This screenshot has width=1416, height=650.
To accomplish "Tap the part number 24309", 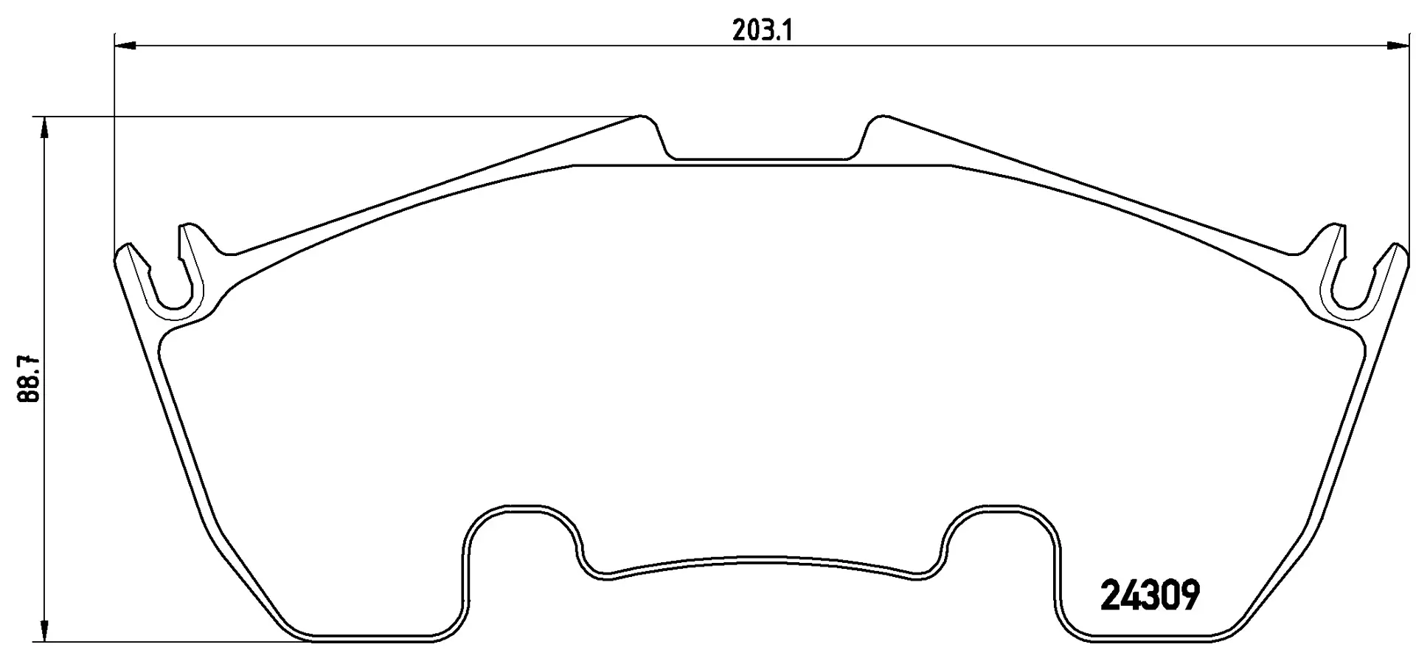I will point(1150,595).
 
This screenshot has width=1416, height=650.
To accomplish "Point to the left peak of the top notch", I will point(643,117).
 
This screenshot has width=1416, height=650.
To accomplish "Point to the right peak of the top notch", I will point(880,117).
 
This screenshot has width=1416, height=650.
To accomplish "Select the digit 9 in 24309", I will point(1188,595).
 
